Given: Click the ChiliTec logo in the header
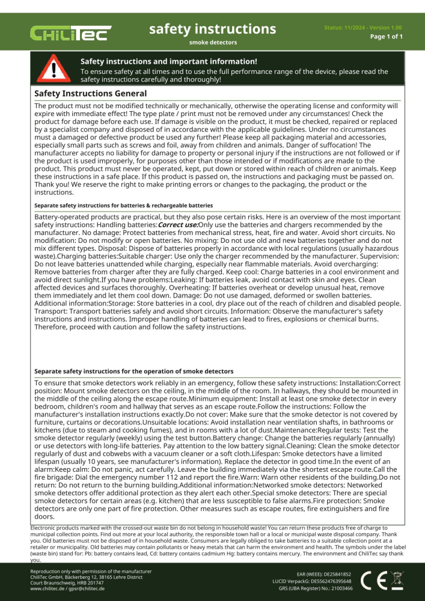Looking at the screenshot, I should click(x=71, y=34).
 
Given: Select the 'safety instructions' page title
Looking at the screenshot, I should click(x=212, y=29).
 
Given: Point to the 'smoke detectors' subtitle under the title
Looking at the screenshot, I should click(x=213, y=43).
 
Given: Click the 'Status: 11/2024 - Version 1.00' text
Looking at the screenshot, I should click(x=363, y=28).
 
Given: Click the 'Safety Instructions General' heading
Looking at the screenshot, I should click(x=90, y=94).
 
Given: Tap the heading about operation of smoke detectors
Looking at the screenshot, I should click(x=134, y=371).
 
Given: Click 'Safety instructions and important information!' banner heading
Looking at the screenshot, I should click(x=169, y=61).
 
